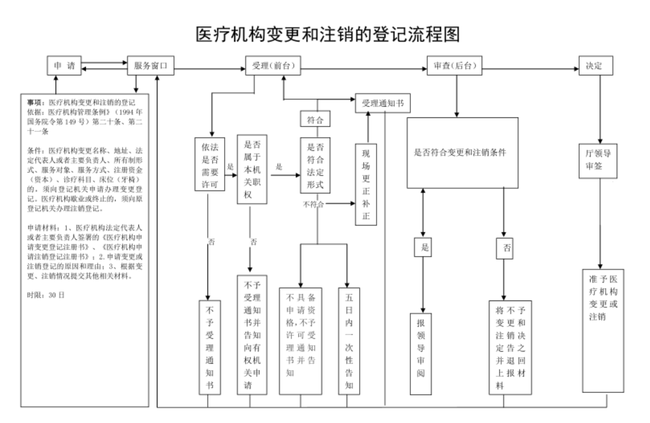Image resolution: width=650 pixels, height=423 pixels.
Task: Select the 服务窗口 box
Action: point(151,66)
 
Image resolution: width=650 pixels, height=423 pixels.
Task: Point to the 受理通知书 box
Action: point(383,104)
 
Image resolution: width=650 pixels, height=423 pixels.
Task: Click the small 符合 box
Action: point(315,119)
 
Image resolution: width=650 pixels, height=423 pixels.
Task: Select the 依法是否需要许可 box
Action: point(210,164)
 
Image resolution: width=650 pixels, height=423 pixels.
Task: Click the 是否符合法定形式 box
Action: point(315,165)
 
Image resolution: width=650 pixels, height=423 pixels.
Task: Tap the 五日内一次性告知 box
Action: point(349,341)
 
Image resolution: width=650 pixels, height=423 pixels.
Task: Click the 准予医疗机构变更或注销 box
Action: point(603,331)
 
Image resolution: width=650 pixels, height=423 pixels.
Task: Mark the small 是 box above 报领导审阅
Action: point(423,247)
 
